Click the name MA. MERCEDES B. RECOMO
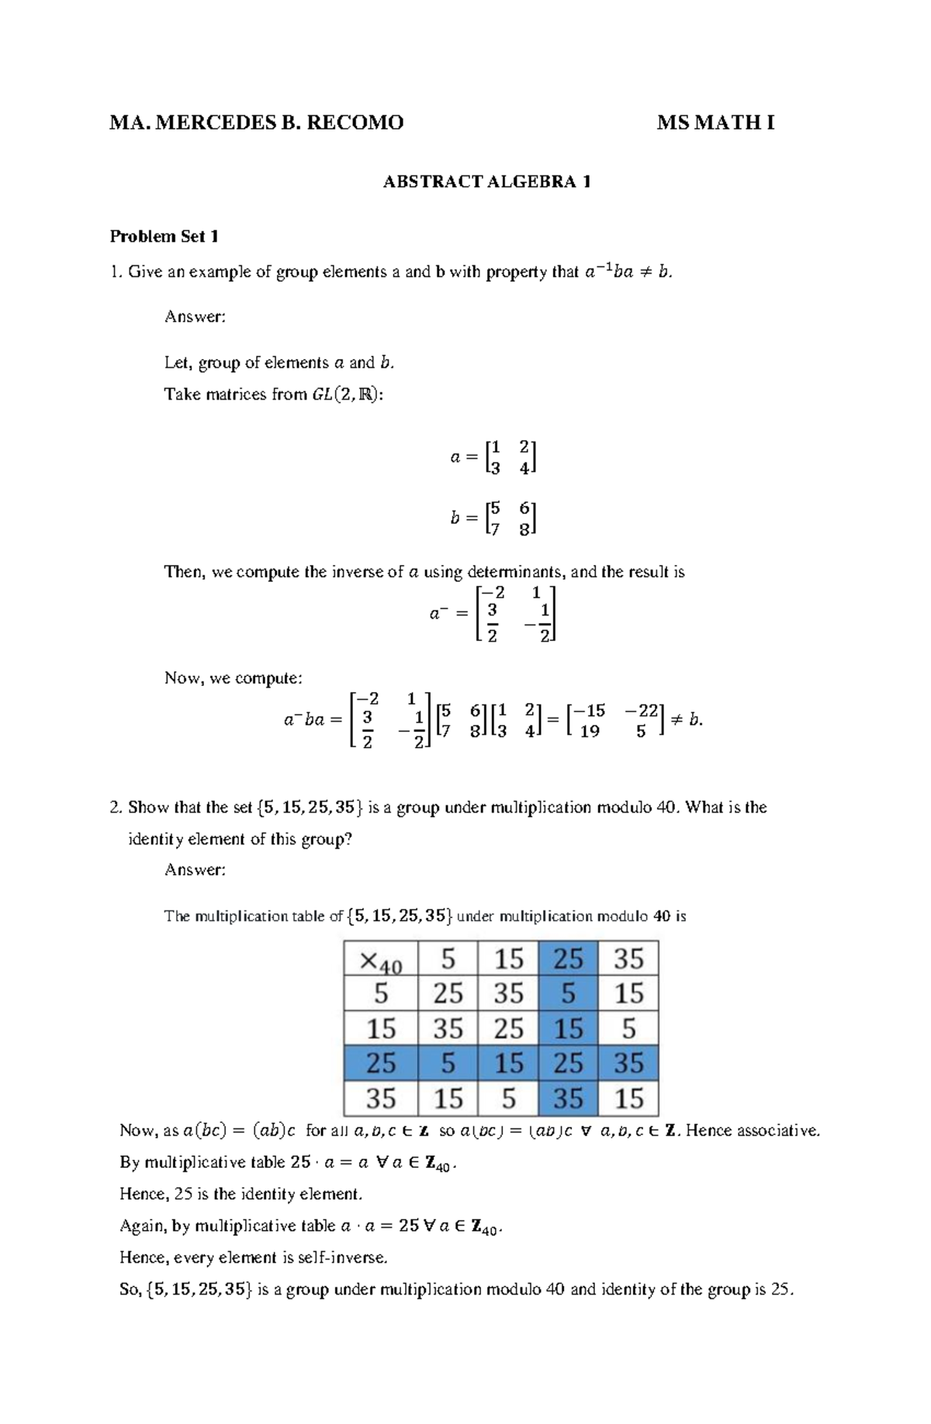point(256,123)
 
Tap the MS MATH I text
point(715,123)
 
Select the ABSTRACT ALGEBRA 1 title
point(487,182)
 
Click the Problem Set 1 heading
point(164,237)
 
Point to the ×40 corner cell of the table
point(381,959)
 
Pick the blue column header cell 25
point(568,959)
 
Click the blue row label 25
point(381,1063)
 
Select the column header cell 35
point(628,959)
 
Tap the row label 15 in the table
point(381,1029)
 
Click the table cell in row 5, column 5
point(448,994)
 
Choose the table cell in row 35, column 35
point(628,1098)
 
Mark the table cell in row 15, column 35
point(628,1029)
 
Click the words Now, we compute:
point(233,678)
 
